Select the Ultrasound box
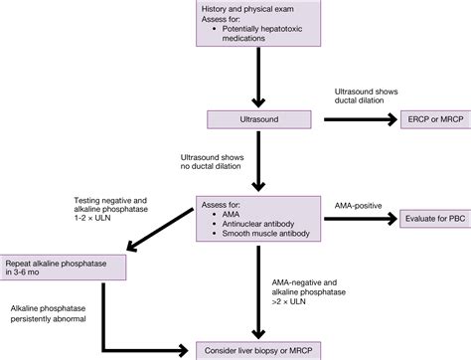(x=260, y=118)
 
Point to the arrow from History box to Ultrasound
(x=260, y=80)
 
